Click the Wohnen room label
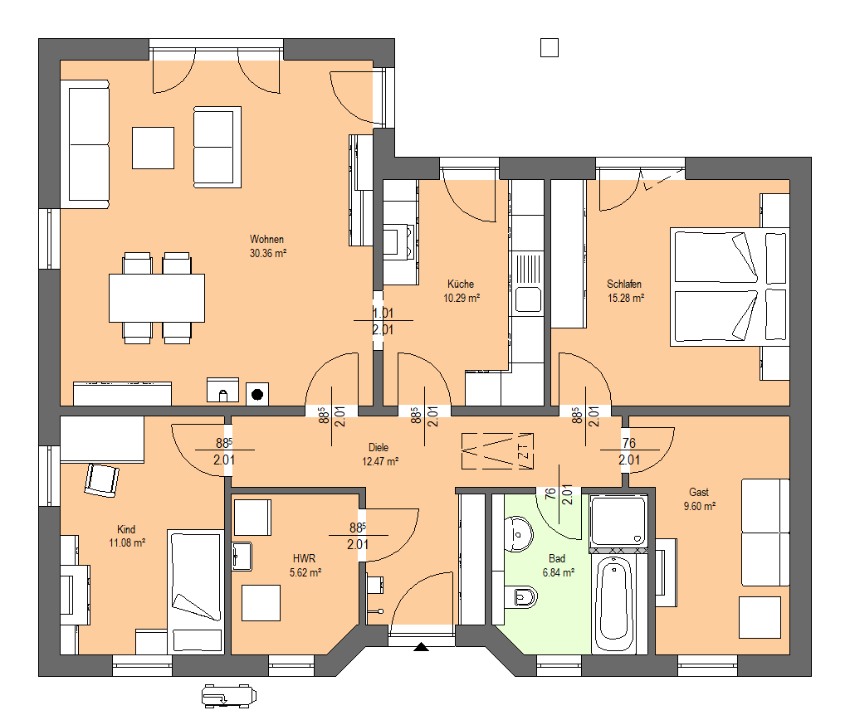266,239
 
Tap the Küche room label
461,284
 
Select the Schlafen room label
624,284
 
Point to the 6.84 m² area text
559,572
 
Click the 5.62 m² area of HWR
305,572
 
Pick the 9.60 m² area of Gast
699,507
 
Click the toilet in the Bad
520,597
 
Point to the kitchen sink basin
527,299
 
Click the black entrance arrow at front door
421,647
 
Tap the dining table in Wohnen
157,298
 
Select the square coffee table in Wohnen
154,148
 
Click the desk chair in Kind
101,479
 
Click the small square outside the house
550,47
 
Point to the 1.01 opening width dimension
383,313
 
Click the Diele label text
379,447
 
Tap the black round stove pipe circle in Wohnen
257,394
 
